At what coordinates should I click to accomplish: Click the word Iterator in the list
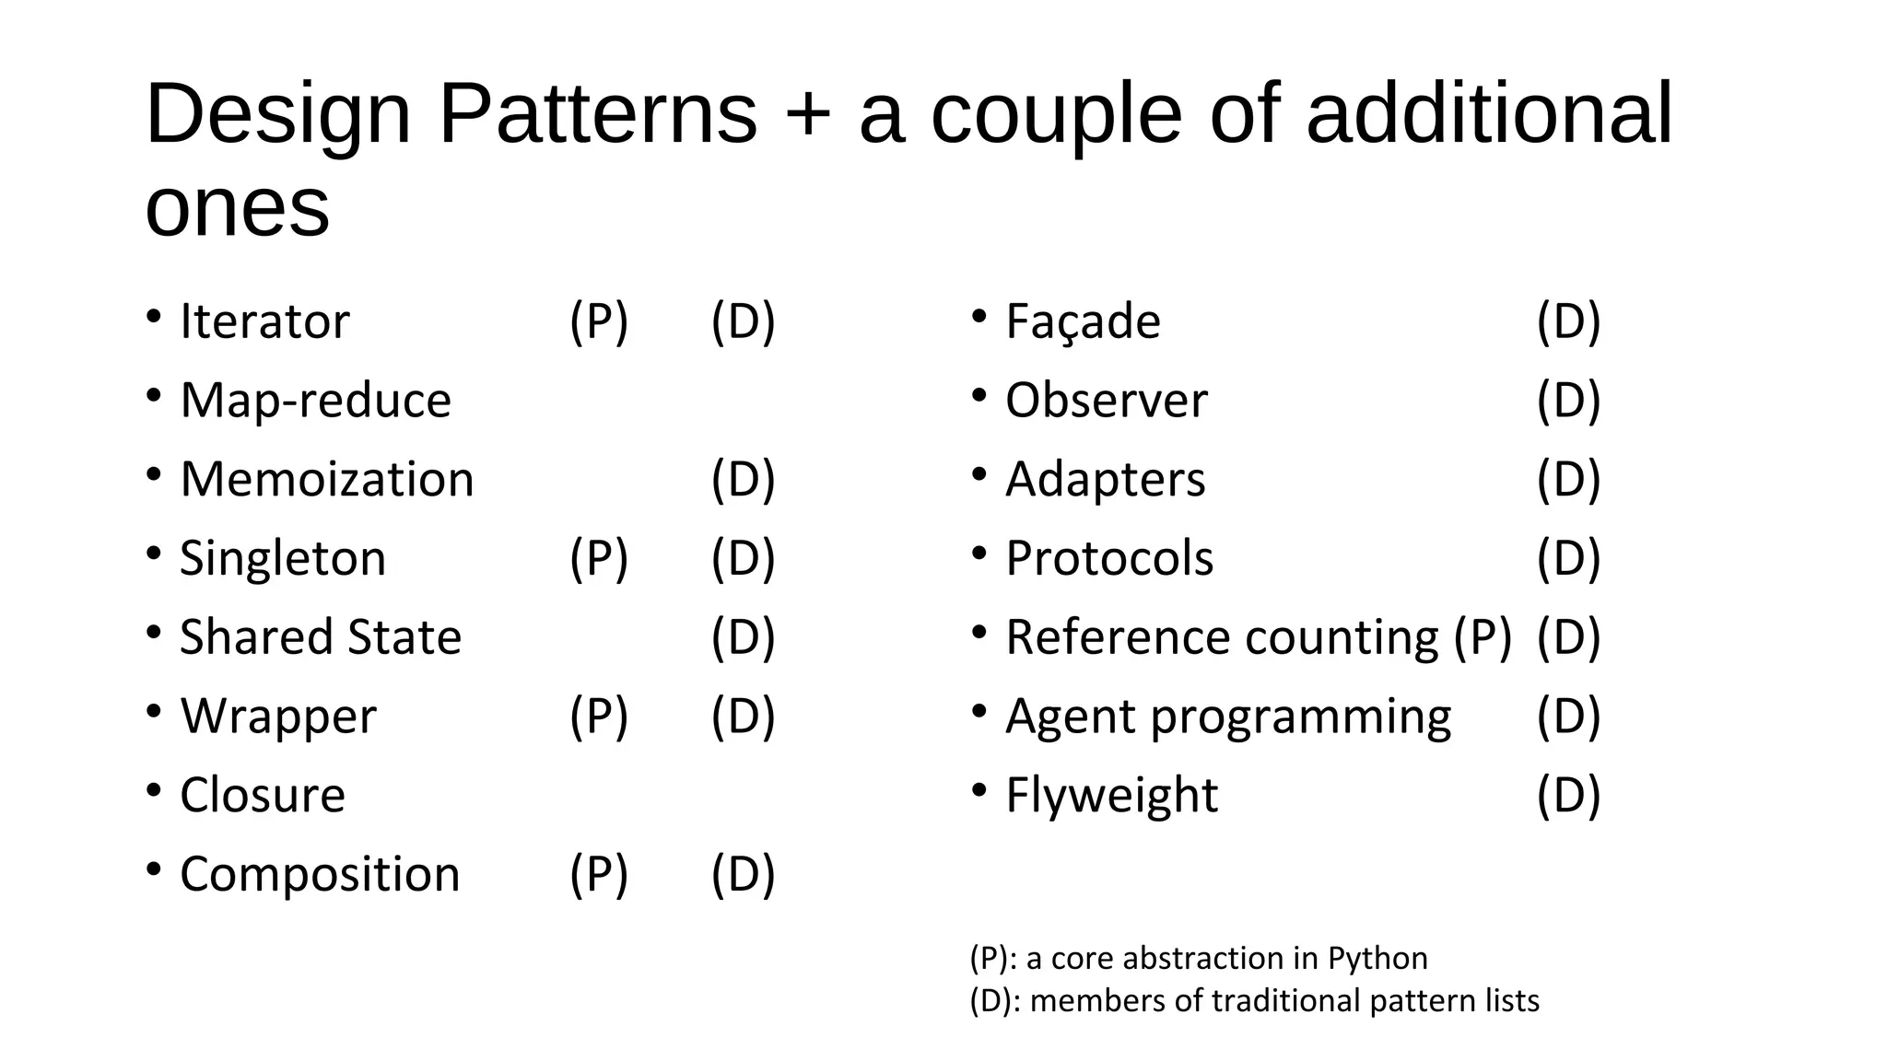(264, 321)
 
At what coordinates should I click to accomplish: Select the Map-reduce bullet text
(315, 401)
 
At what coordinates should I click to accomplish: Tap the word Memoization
(326, 480)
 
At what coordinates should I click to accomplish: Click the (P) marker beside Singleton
(599, 558)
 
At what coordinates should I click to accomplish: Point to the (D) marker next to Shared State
(743, 637)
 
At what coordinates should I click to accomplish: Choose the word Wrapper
(277, 717)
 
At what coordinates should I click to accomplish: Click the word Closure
(262, 795)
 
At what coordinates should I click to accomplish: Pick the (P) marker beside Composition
(599, 874)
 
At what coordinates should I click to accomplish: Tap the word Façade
(1083, 321)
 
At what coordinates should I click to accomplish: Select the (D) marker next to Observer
(1568, 401)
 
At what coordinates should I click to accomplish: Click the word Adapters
(1105, 480)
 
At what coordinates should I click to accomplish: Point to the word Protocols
(1109, 558)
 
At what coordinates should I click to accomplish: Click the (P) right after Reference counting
(1483, 637)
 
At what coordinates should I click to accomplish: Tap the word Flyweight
(1111, 795)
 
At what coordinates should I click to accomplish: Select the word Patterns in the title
(597, 114)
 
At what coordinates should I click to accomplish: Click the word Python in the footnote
(1377, 959)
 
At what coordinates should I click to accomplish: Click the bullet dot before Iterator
(154, 317)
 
